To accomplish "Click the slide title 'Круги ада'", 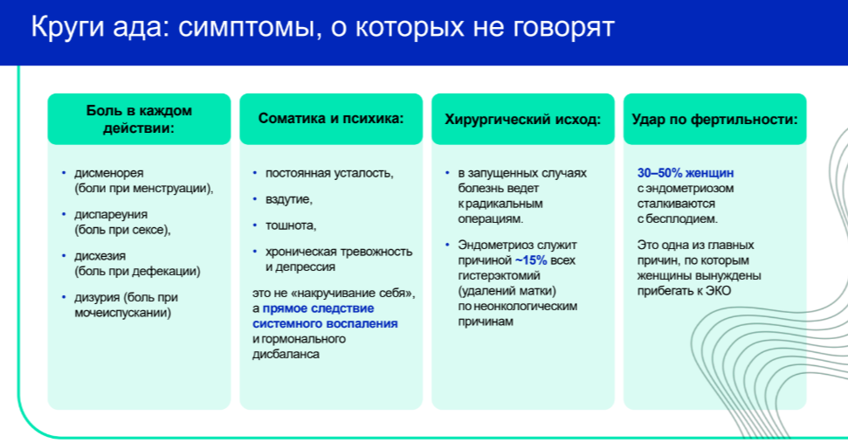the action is (97, 28).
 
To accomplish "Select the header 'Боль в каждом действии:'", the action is (139, 119).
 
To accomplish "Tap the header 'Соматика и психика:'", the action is (331, 119).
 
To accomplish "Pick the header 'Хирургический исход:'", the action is (522, 119).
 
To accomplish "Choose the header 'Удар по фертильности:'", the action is (714, 119).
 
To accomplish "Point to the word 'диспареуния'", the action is (111, 215).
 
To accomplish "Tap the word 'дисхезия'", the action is (100, 256).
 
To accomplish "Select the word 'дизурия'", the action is (97, 297).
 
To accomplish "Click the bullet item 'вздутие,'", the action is (289, 199).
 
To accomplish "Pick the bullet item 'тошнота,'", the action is (291, 225).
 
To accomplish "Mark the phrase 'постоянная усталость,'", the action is (329, 174).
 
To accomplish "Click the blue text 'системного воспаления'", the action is (325, 323).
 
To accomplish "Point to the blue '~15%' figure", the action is (530, 260).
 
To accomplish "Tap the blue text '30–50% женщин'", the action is (686, 173).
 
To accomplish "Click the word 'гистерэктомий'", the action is (499, 276).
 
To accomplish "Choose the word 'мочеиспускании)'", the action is (123, 313).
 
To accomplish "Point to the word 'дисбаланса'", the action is (286, 354).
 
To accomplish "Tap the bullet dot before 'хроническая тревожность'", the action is (255, 252).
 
